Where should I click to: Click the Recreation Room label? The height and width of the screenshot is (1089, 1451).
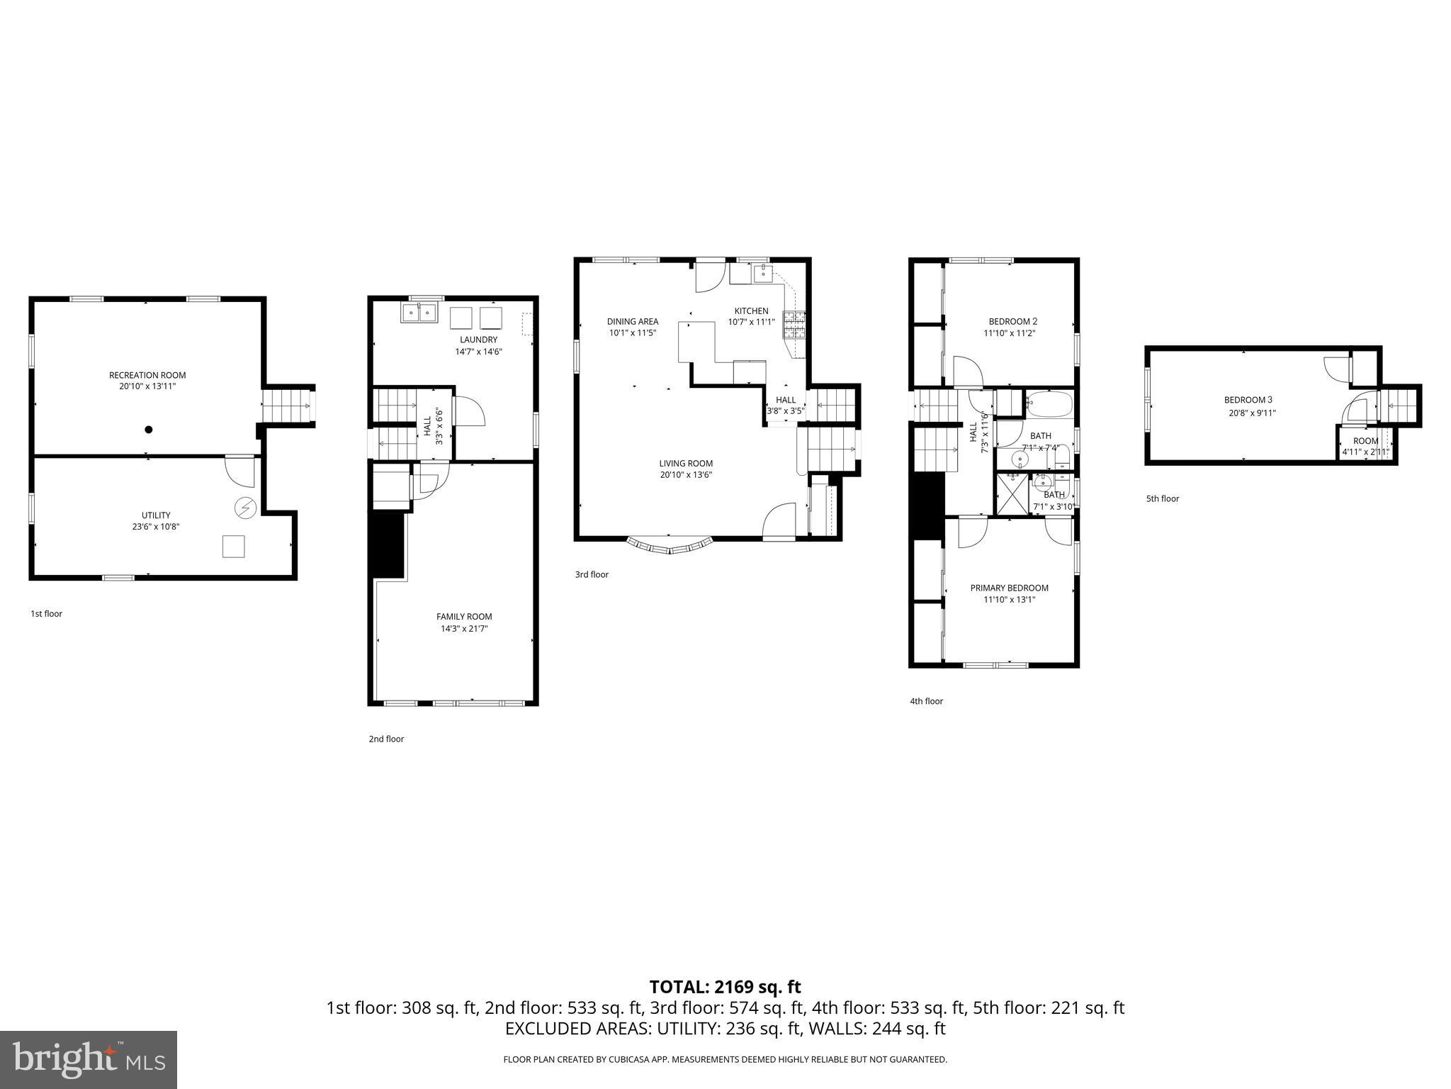[x=147, y=375]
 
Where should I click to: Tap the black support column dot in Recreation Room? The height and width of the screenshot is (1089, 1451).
[x=149, y=429]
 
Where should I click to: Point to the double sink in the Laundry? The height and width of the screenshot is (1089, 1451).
[x=419, y=313]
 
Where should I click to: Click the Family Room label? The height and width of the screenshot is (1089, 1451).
[x=464, y=616]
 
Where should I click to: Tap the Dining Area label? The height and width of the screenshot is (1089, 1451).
[x=633, y=321]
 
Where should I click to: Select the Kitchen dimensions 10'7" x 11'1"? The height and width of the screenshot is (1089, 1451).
[x=751, y=322]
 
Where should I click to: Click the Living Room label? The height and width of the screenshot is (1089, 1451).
[x=686, y=464]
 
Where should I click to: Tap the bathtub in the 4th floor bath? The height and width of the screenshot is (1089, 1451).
[x=1050, y=403]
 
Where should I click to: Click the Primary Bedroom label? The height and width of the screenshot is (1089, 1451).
[x=1009, y=588]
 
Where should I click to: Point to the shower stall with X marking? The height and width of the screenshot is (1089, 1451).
[x=1012, y=493]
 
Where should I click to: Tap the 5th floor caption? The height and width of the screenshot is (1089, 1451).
[x=1163, y=498]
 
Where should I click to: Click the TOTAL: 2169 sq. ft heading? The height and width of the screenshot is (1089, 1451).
[x=725, y=986]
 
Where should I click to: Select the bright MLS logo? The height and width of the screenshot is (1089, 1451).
[x=89, y=1059]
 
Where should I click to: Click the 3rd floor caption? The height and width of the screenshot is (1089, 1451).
[x=592, y=574]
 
